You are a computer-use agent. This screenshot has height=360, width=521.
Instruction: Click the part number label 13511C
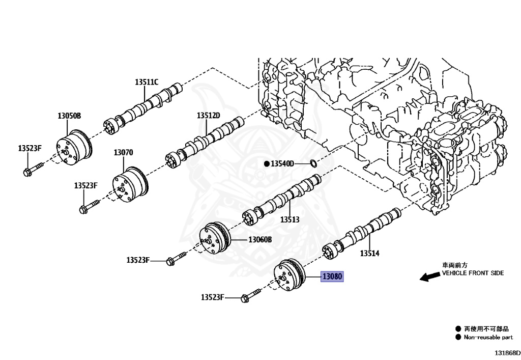[147, 82]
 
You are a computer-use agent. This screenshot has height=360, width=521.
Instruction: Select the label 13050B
[69, 116]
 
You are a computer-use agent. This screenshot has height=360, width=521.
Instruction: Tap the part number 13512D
[209, 116]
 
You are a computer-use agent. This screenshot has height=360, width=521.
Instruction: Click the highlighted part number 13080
[332, 278]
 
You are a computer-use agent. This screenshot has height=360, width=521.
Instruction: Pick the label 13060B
[260, 239]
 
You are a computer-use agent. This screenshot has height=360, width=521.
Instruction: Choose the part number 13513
[290, 220]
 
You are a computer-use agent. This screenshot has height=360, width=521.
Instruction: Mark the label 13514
[370, 253]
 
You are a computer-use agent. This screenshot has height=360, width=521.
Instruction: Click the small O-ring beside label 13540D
[313, 163]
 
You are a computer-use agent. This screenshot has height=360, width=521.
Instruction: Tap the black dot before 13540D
[266, 164]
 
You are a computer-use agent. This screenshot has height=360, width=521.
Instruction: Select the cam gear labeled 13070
[130, 186]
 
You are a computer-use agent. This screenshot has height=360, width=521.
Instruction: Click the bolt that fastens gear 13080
[250, 295]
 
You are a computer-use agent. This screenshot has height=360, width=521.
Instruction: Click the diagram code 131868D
[506, 352]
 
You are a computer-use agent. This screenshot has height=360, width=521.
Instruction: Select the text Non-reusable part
[487, 337]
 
